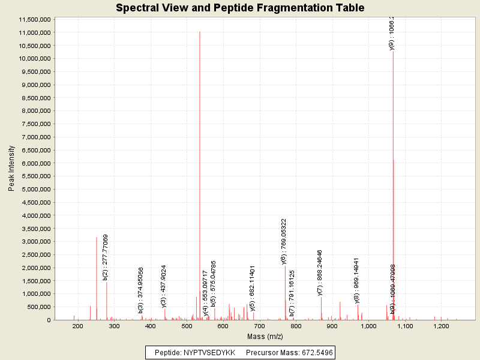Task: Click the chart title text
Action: coord(240,8)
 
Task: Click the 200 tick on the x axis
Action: coord(77,326)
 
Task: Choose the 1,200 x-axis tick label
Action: coord(441,326)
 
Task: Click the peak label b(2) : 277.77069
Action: coord(106,257)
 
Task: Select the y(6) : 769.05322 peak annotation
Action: coord(284,241)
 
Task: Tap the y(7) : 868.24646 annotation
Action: coord(320,272)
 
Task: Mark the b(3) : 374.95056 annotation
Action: coord(141,290)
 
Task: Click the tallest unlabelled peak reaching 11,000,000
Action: coord(200,32)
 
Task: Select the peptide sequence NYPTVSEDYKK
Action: coord(209,352)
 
